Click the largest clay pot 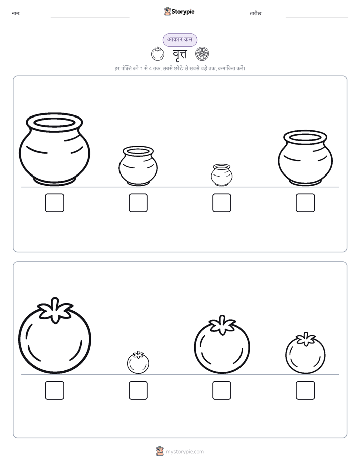tap(54, 149)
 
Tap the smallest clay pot tap(221, 175)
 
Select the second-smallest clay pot tap(138, 166)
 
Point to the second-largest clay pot tap(306, 157)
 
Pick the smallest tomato tap(138, 362)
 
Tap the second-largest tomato tap(222, 344)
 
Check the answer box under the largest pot tap(54, 203)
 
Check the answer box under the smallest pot tap(222, 203)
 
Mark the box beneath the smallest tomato tap(138, 390)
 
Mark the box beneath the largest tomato tap(54, 390)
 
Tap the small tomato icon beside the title tap(158, 54)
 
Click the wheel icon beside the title tap(202, 54)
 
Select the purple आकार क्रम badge tap(179, 40)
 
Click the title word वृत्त tap(179, 54)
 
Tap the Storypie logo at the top tap(179, 11)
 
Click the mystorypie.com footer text tap(185, 452)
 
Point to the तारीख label tap(256, 14)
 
